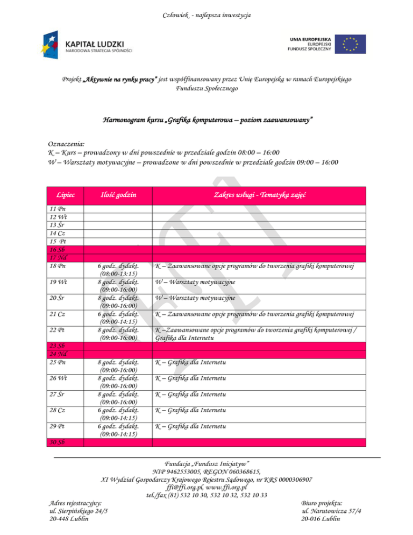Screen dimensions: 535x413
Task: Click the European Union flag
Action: point(350,44)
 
